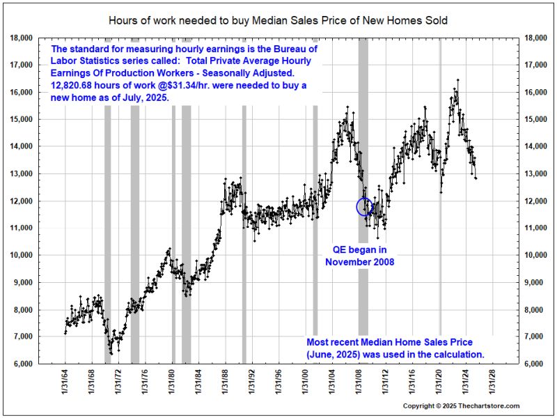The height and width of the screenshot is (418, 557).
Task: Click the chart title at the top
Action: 278,20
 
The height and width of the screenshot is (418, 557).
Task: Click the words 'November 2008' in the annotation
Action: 359,263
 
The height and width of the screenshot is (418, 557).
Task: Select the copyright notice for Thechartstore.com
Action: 461,405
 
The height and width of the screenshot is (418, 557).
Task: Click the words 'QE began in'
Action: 359,249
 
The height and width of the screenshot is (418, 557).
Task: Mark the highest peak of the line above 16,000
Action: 457,79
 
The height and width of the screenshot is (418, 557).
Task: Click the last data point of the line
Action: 476,179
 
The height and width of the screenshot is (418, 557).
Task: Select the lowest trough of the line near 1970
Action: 110,354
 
